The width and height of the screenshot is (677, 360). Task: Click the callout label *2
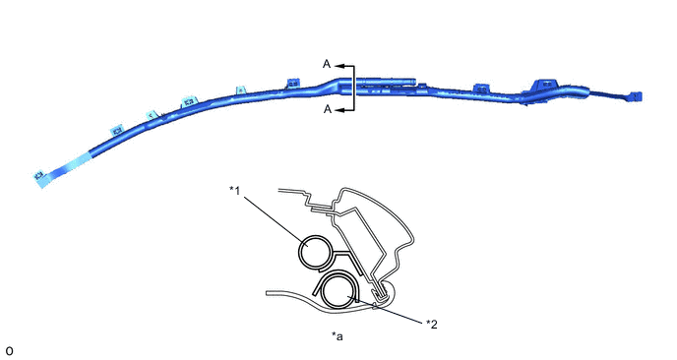[x=430, y=323]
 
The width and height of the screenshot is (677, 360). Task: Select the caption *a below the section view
[x=338, y=337]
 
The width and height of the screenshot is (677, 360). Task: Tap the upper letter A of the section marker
[x=327, y=63]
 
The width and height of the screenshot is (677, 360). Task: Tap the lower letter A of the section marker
[x=327, y=111]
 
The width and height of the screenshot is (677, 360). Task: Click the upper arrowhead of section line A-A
[x=338, y=64]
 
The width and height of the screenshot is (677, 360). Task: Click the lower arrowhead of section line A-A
[x=338, y=111]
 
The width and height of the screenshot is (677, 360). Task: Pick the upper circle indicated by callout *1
[x=318, y=251]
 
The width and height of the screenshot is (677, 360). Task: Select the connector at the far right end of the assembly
[x=636, y=96]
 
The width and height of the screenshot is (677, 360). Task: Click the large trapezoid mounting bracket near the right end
[x=545, y=85]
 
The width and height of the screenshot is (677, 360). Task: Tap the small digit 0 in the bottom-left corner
[x=9, y=350]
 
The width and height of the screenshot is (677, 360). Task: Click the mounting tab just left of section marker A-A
[x=291, y=85]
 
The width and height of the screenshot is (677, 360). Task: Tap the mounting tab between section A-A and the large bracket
[x=480, y=89]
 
